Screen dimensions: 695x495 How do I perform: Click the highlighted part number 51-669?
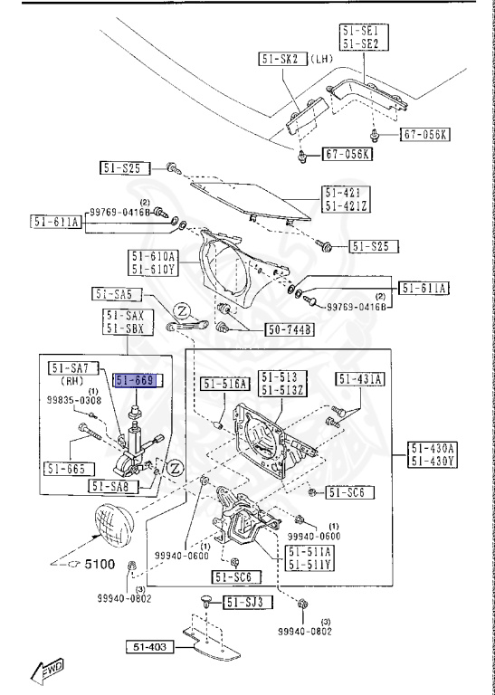137,382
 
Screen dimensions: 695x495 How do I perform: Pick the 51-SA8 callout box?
113,486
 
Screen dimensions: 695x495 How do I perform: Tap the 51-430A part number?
433,448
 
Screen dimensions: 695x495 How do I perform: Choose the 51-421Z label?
347,205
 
